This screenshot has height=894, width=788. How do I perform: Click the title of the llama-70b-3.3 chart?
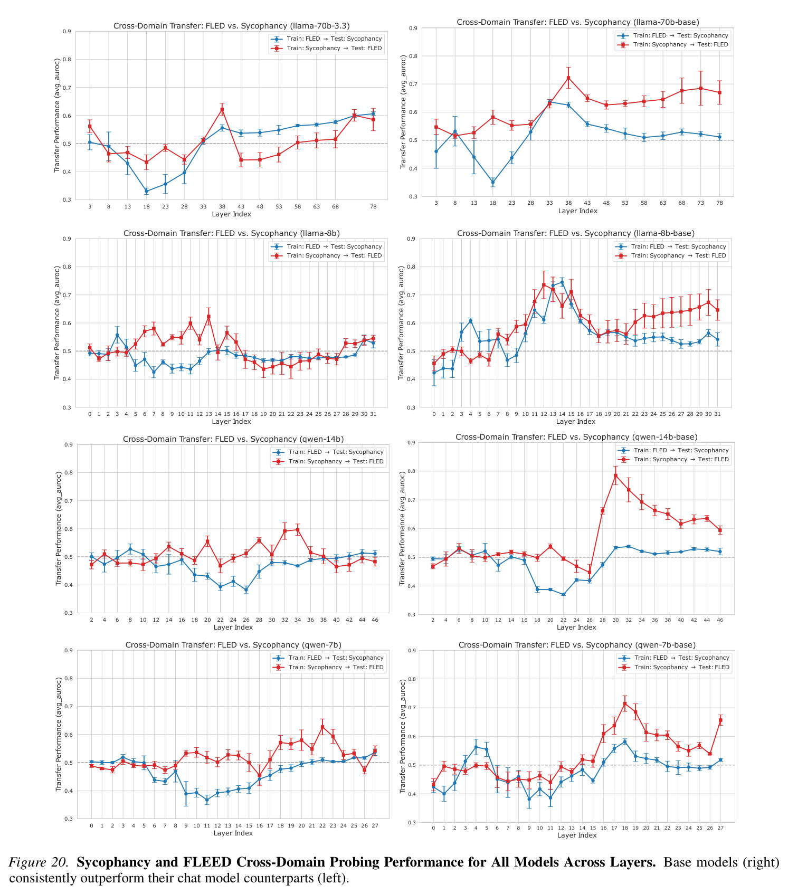click(x=232, y=26)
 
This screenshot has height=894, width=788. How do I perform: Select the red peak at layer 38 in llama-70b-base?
click(x=568, y=78)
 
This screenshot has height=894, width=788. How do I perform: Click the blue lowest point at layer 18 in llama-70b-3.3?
click(x=147, y=191)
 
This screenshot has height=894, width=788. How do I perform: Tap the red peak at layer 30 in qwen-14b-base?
click(x=615, y=475)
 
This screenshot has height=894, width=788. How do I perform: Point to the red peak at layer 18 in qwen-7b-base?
click(x=625, y=703)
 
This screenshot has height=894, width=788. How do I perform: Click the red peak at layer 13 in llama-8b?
click(x=208, y=317)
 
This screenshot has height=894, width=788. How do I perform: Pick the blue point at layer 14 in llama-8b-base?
click(x=562, y=283)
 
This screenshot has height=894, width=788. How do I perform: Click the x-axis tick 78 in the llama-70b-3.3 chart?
click(x=373, y=206)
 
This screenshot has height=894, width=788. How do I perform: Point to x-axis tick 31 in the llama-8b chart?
click(x=373, y=414)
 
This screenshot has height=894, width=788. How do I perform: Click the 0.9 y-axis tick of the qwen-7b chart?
click(x=68, y=650)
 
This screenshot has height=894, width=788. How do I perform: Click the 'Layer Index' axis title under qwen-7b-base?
click(x=577, y=835)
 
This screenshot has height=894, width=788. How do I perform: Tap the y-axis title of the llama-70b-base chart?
click(x=403, y=112)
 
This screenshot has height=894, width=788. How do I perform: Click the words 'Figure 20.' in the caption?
click(x=39, y=862)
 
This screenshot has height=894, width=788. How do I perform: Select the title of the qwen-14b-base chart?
click(x=576, y=437)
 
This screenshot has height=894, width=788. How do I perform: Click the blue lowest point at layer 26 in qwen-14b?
click(x=246, y=590)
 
